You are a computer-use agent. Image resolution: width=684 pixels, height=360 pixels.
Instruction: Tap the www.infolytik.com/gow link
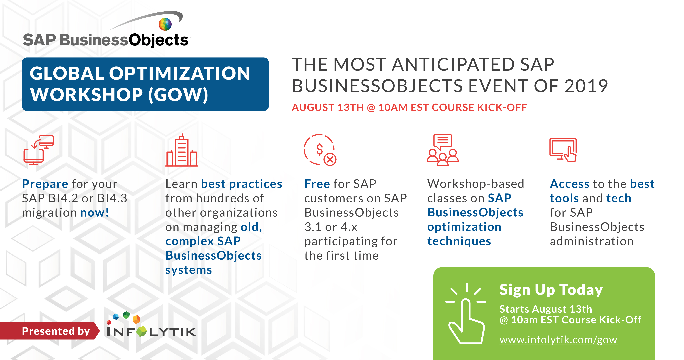point(558,340)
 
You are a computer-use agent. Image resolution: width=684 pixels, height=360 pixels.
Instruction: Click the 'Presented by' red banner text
point(56,331)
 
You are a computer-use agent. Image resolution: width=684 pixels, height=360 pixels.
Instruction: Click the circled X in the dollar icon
point(330,160)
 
